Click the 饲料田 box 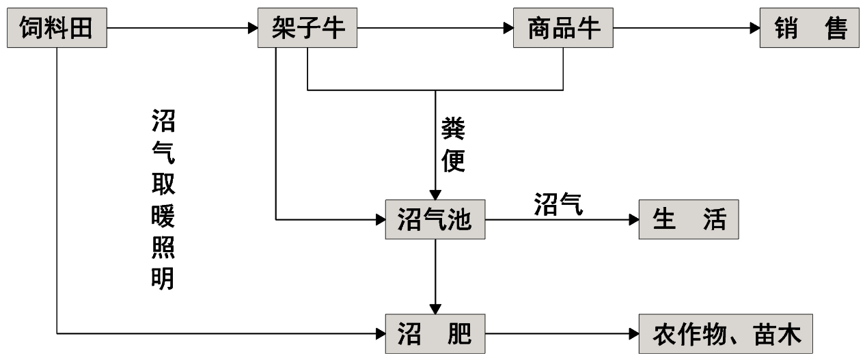point(58,28)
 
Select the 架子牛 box point(307,28)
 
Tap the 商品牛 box point(564,28)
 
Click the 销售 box point(810,28)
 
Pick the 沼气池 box point(435,220)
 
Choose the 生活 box point(689,220)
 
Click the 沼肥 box point(435,334)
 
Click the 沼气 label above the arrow point(558,204)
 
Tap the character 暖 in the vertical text point(163,218)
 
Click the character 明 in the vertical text point(163,278)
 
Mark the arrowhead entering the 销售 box point(754,28)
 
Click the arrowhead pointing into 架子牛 point(252,28)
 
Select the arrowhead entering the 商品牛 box point(508,28)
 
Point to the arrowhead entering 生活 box point(633,220)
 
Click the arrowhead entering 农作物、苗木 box point(633,334)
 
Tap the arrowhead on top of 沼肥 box point(435,309)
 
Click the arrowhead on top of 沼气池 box point(435,195)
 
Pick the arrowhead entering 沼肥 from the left point(381,334)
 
